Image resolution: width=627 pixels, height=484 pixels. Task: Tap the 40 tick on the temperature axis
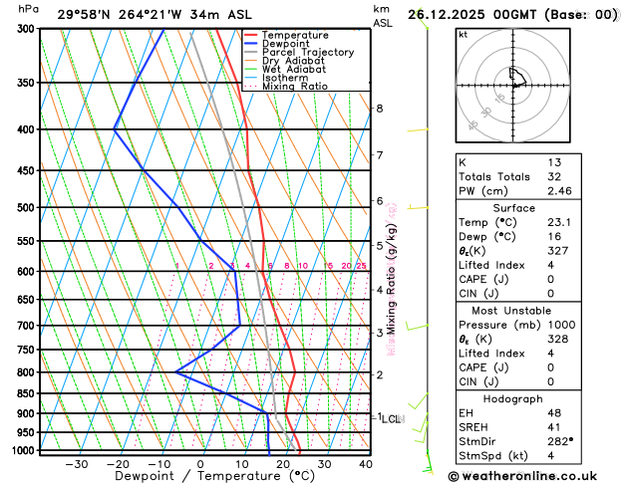[366, 464]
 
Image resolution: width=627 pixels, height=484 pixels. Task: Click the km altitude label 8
[379, 108]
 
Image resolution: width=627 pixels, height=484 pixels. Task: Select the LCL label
[391, 419]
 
